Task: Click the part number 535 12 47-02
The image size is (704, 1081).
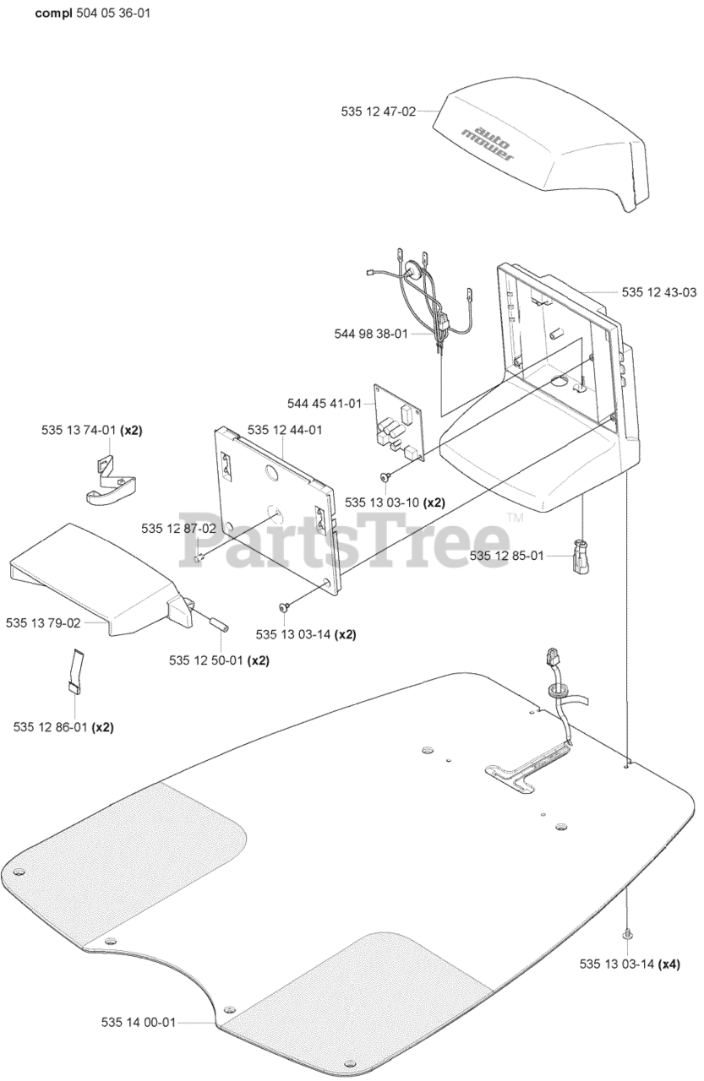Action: (x=379, y=111)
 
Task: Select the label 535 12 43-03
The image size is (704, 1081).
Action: (x=659, y=292)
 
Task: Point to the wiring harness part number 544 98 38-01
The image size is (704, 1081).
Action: (x=371, y=334)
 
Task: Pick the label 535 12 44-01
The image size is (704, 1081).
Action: (x=285, y=430)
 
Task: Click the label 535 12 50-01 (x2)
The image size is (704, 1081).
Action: (x=207, y=660)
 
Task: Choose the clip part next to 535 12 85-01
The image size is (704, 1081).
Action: (x=581, y=557)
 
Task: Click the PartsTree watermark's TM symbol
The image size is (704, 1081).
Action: (x=514, y=518)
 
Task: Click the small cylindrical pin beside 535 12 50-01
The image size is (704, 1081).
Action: (x=219, y=625)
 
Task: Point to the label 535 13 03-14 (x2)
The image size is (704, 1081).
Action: (x=294, y=633)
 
